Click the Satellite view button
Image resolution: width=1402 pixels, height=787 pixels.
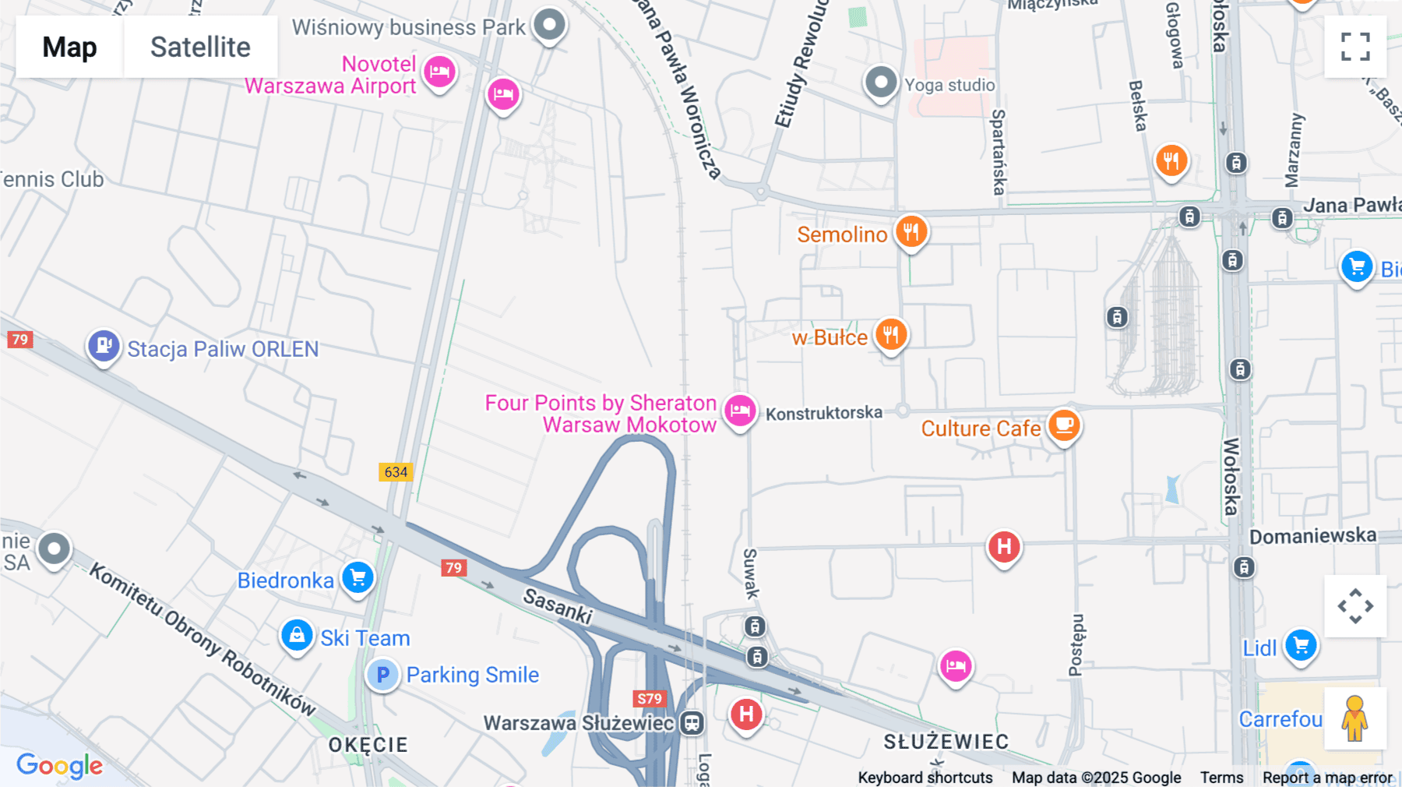click(x=200, y=47)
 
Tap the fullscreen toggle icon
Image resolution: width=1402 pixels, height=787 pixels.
click(x=1355, y=47)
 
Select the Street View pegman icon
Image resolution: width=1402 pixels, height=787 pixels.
click(x=1354, y=718)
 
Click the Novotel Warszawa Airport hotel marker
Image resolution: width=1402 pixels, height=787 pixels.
click(x=439, y=72)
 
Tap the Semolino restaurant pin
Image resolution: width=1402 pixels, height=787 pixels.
click(x=911, y=232)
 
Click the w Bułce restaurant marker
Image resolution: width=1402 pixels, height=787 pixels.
click(x=890, y=335)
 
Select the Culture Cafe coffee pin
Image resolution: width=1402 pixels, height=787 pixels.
click(x=1063, y=425)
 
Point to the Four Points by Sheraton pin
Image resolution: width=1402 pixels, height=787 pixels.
click(x=739, y=410)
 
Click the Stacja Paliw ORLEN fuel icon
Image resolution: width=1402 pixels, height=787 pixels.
click(x=104, y=345)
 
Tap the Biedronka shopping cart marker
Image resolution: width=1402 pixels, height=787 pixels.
click(x=358, y=578)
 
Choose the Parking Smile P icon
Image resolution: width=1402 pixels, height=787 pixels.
click(x=382, y=675)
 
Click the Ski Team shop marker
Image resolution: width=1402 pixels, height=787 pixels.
click(x=297, y=636)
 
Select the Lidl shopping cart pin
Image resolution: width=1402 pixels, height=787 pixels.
click(x=1300, y=645)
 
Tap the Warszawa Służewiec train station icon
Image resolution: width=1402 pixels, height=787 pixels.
click(x=692, y=723)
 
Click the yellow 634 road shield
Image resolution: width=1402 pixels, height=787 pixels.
click(x=396, y=472)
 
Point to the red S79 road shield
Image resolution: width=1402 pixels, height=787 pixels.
click(x=649, y=699)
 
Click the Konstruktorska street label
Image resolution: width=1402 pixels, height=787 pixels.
click(x=823, y=413)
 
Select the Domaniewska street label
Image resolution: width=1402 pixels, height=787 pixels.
click(x=1312, y=536)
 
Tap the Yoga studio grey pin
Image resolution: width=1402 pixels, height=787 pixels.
click(x=881, y=82)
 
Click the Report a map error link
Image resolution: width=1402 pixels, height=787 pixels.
click(x=1327, y=778)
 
